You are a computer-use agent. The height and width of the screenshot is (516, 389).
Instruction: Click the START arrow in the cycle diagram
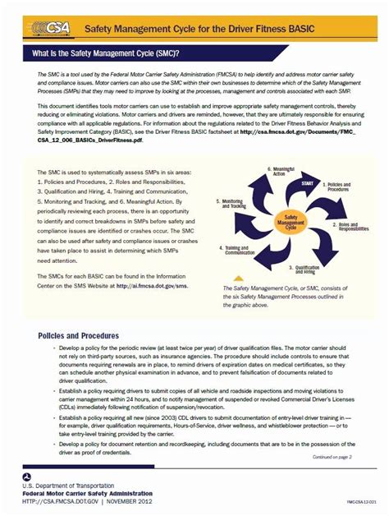pos(309,183)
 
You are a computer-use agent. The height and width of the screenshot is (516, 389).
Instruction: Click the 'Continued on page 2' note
pos(332,456)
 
